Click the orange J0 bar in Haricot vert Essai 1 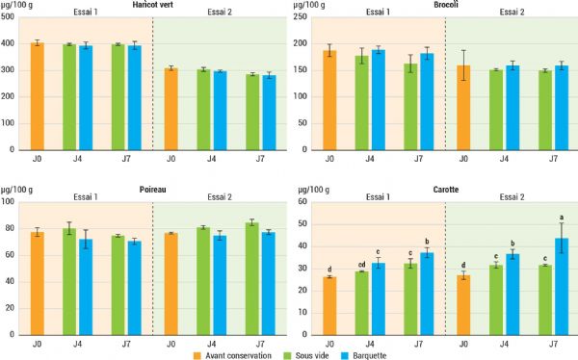pyautogui.click(x=38, y=96)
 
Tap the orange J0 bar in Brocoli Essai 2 pyautogui.click(x=464, y=107)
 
